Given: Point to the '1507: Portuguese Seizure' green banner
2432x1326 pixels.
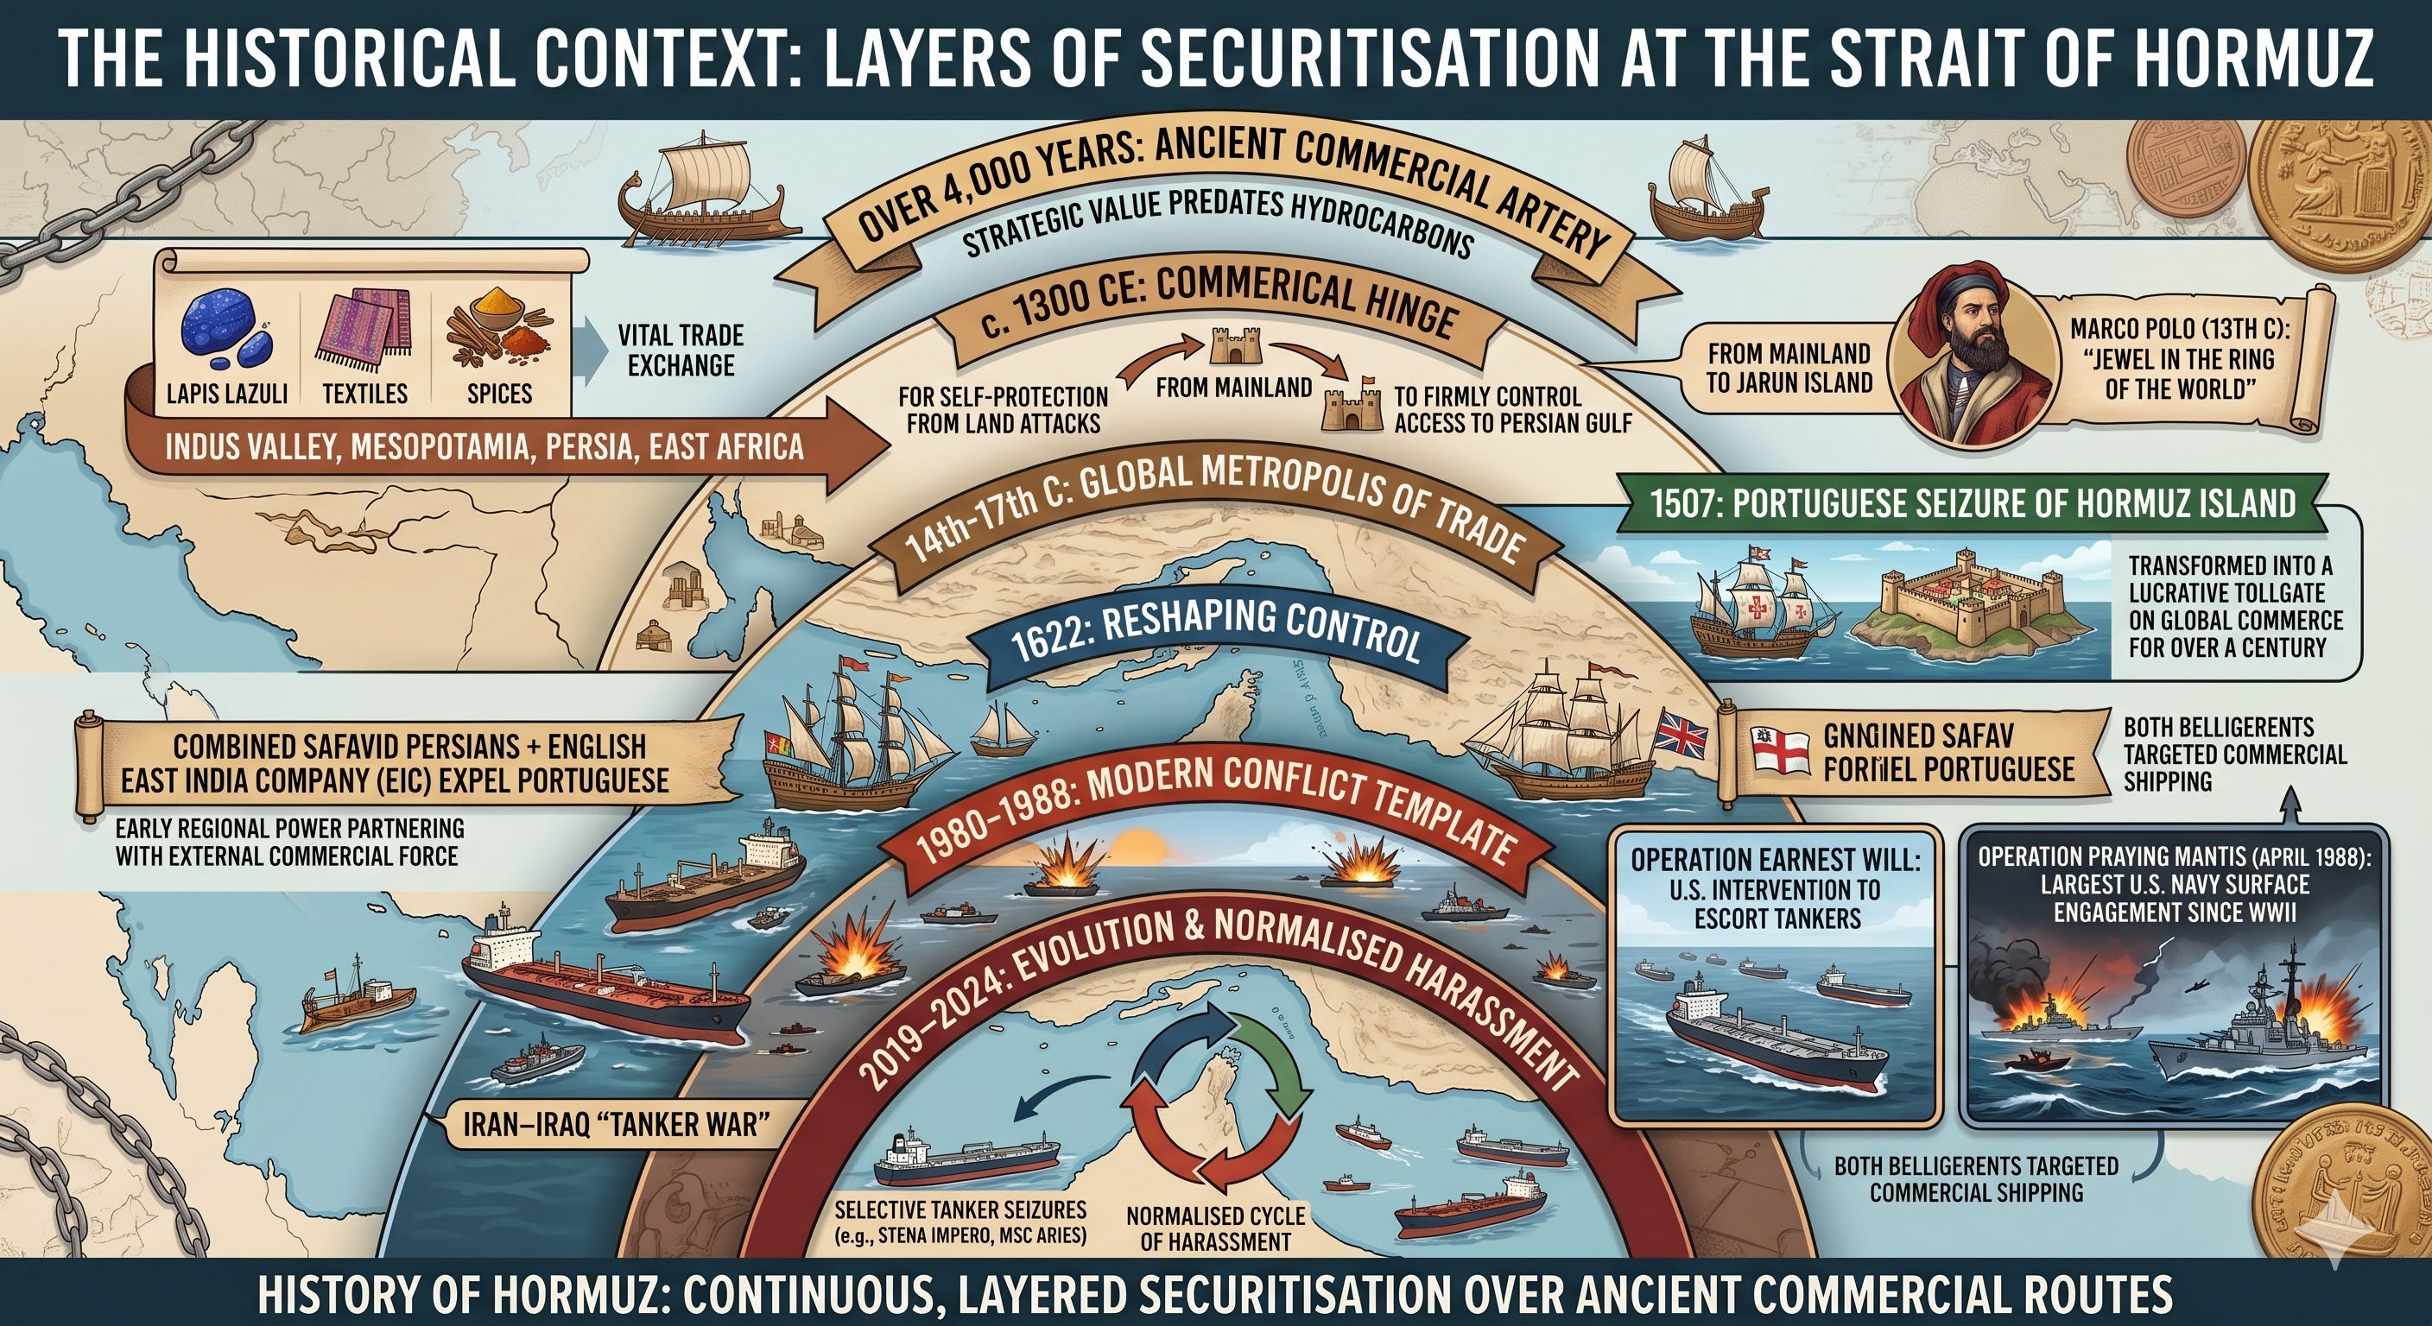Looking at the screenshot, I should tap(1973, 502).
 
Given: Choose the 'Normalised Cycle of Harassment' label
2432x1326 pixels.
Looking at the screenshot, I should tap(1215, 1228).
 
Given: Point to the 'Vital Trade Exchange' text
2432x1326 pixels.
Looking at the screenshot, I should tap(680, 350).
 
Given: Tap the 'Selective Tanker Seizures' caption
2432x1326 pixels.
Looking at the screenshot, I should tap(960, 1222).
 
